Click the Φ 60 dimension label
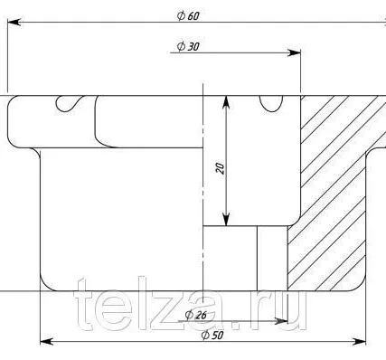coord(188,15)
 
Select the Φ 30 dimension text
coord(188,46)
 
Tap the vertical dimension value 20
coord(221,168)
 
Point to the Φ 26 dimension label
coord(196,315)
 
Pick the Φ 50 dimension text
coord(212,335)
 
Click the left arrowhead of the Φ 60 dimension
coord(14,23)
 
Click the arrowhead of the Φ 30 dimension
coord(294,52)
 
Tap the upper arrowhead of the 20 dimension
coord(226,102)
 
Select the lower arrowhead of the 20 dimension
coord(226,219)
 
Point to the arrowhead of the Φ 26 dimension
coord(281,321)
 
